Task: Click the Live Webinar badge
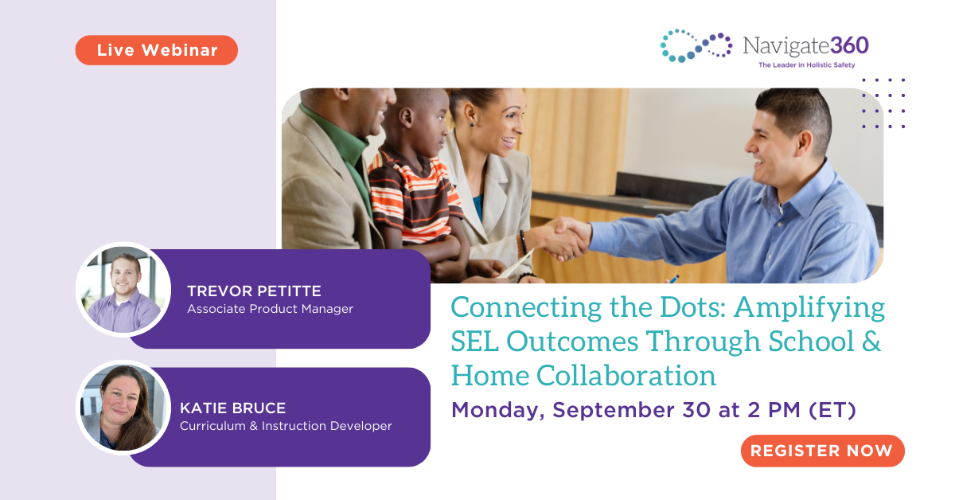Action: point(157,50)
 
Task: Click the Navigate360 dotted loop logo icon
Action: point(696,45)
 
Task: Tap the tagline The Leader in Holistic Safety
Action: point(806,65)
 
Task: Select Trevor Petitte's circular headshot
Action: point(123,290)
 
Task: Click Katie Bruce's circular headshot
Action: point(123,408)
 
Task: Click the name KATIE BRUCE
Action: point(232,408)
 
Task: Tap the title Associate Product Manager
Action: point(270,309)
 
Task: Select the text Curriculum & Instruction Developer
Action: point(286,426)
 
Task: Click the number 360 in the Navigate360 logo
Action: point(845,45)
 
